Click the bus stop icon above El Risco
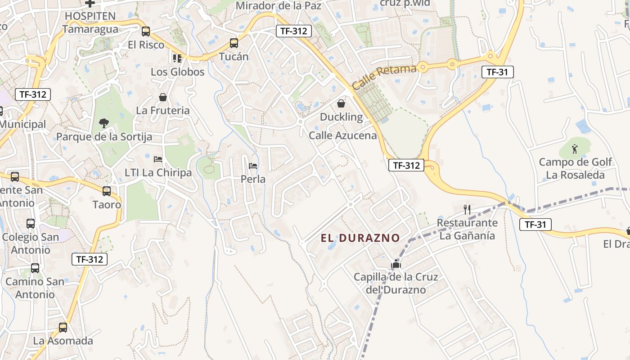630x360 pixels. pos(145,31)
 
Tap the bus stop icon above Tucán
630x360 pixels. pos(234,43)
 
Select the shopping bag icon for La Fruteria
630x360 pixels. pos(163,97)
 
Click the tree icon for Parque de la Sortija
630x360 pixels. pos(104,123)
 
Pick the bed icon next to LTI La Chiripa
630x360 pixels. pos(157,159)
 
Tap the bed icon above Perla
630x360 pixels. pos(253,166)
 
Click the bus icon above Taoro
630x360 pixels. pos(107,191)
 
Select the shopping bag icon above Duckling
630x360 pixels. pos(341,103)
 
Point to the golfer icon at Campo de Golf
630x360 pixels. pos(575,148)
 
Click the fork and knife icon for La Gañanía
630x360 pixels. pos(467,209)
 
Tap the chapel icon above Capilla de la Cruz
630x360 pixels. pos(396,264)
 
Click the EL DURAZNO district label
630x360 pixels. pos(360,238)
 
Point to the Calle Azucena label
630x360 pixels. pos(342,135)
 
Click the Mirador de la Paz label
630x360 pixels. pos(279,6)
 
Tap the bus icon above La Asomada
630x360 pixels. pos(63,327)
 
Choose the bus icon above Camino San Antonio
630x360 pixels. pos(35,268)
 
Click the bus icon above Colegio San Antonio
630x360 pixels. pos(31,223)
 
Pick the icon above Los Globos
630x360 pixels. pos(177,58)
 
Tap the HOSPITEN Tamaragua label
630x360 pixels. pos(90,22)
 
